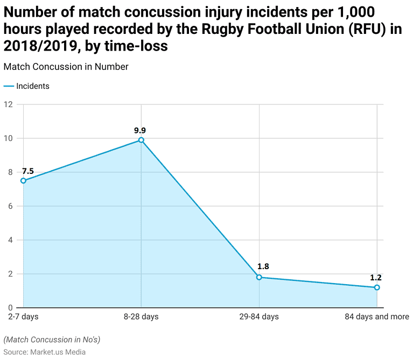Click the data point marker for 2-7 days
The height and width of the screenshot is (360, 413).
click(x=23, y=181)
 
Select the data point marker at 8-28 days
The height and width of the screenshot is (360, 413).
click(x=141, y=140)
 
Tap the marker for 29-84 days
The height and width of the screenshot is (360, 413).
click(x=259, y=277)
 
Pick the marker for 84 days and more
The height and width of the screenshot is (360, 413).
click(x=377, y=287)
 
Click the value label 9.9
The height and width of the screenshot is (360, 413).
click(x=140, y=130)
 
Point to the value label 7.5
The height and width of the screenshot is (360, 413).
click(x=28, y=171)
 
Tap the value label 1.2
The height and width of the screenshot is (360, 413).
click(x=376, y=278)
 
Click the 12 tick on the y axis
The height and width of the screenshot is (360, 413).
click(x=8, y=104)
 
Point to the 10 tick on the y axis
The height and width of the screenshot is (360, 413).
click(x=8, y=138)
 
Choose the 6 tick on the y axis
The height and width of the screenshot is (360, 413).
click(x=10, y=206)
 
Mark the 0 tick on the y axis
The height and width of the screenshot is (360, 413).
click(x=10, y=308)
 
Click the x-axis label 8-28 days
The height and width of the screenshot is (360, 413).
click(x=141, y=316)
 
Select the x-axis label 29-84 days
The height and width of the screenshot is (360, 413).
click(x=259, y=316)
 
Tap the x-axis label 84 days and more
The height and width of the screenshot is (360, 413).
click(x=377, y=316)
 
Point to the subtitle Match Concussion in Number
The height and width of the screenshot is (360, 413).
click(x=66, y=67)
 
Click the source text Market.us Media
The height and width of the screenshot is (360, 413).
click(x=58, y=352)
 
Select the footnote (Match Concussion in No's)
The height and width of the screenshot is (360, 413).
click(x=52, y=340)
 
